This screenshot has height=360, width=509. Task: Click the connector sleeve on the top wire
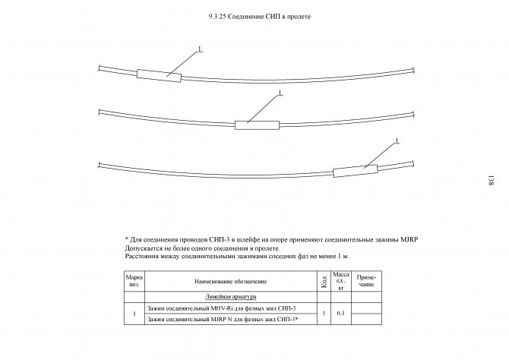(159, 75)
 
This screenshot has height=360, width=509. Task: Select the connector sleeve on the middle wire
(258, 123)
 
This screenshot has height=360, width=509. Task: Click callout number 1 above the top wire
(199, 49)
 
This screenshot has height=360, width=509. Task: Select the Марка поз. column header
(134, 281)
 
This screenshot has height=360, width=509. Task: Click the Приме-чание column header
(366, 282)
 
